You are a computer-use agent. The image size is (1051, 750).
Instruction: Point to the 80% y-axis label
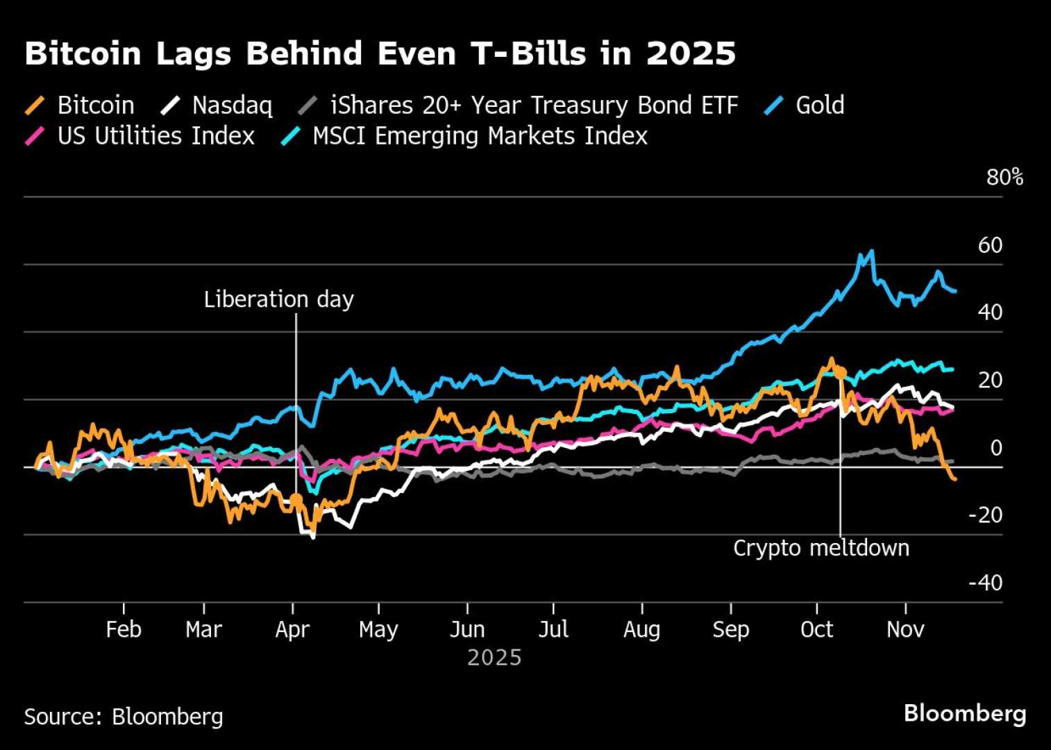1004,178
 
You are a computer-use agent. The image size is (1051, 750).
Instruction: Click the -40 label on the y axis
985,583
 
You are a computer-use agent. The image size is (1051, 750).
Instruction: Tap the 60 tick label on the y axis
990,245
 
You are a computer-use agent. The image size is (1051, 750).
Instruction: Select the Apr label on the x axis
292,630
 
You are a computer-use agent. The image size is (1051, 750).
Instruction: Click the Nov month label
905,630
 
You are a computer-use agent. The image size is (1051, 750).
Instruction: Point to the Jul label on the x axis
553,630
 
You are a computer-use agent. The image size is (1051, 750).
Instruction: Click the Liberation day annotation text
278,299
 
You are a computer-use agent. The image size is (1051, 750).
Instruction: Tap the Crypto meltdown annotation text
821,548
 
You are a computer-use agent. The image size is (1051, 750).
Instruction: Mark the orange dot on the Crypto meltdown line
840,373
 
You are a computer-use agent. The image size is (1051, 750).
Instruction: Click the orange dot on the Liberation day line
296,499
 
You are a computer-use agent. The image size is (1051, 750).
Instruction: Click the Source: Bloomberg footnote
124,716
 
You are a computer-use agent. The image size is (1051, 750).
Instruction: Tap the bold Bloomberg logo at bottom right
964,713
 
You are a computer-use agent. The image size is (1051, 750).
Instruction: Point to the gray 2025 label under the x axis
494,658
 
